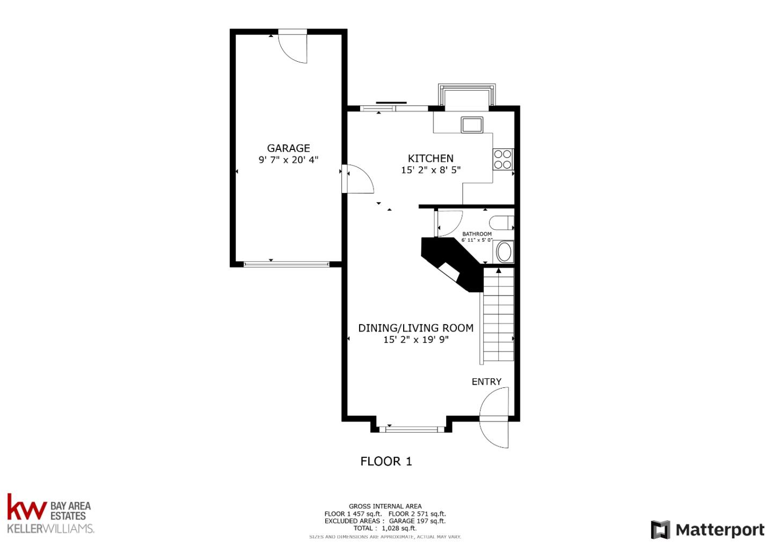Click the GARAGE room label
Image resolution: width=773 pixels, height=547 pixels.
click(x=288, y=148)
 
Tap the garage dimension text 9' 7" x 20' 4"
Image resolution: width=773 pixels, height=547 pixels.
click(x=288, y=160)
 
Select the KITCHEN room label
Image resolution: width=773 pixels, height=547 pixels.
click(x=431, y=158)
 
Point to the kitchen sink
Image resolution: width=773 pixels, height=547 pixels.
click(x=472, y=125)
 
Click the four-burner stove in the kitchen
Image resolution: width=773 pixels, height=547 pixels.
click(x=503, y=159)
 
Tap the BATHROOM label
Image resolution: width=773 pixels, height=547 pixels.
click(x=477, y=234)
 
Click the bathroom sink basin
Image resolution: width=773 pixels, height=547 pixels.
click(x=504, y=252)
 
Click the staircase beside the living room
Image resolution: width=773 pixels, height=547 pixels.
click(x=499, y=317)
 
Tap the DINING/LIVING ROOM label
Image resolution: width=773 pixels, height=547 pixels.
click(x=415, y=328)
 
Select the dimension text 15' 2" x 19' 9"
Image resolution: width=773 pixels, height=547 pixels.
click(x=415, y=340)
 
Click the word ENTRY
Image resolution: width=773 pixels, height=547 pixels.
click(x=486, y=382)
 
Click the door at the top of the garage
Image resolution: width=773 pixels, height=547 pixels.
click(x=293, y=47)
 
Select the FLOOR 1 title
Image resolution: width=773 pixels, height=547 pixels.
click(x=386, y=461)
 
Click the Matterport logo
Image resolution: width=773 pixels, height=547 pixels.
click(x=708, y=530)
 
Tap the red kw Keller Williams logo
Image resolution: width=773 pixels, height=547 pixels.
click(x=27, y=507)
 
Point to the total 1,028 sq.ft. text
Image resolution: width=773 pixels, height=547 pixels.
click(x=385, y=528)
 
